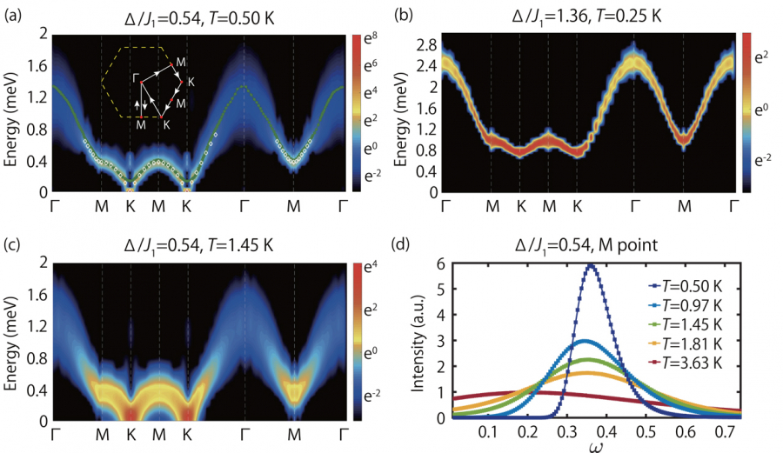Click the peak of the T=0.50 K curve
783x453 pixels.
click(x=592, y=266)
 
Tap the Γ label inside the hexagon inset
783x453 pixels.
click(x=135, y=77)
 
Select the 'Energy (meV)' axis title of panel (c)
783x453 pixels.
click(x=12, y=343)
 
